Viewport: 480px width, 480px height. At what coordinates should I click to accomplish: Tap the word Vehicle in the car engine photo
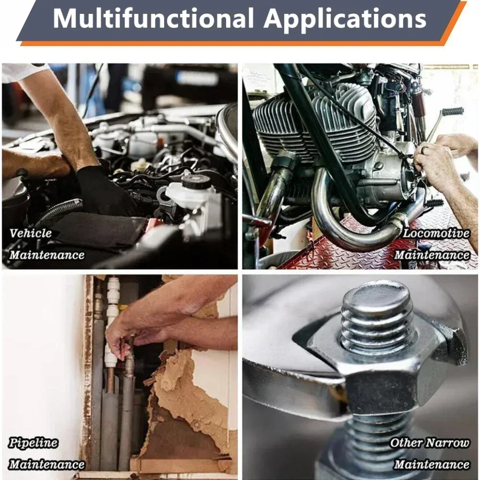click(x=31, y=233)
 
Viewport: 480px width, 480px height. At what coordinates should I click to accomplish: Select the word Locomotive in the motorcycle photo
click(x=436, y=233)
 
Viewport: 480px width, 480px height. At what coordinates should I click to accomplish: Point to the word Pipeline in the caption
click(x=33, y=443)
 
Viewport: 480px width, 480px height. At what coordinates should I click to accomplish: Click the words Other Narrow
click(x=430, y=443)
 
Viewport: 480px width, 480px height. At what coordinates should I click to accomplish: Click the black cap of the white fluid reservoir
click(x=195, y=182)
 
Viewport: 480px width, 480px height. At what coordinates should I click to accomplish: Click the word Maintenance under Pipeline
click(x=47, y=465)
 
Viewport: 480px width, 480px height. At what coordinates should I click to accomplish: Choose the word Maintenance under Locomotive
click(x=432, y=255)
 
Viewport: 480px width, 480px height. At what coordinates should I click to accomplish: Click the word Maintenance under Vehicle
click(x=47, y=255)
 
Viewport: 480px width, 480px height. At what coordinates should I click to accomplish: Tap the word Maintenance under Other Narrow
click(x=432, y=465)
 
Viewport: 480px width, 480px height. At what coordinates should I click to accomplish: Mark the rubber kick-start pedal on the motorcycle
click(x=453, y=112)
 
